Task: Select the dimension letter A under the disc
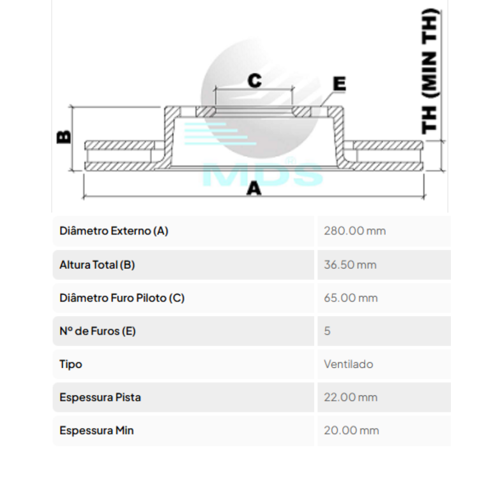[254, 188]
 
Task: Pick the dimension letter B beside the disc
[64, 137]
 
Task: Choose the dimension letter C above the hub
[255, 80]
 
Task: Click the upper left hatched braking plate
[119, 145]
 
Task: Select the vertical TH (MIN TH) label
[430, 71]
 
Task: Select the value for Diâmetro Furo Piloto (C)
[351, 298]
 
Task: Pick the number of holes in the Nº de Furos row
[327, 331]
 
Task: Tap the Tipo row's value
[348, 364]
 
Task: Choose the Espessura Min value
[352, 430]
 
